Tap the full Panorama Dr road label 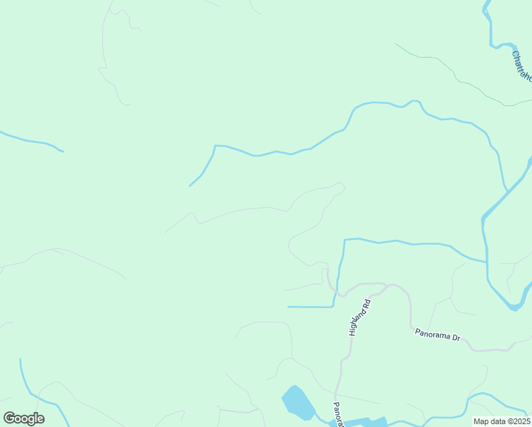(x=437, y=334)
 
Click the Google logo (x=23, y=418)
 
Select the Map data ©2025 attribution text (x=501, y=421)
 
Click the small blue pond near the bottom (x=299, y=403)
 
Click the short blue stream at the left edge (x=32, y=141)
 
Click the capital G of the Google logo (x=10, y=418)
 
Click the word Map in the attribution (x=481, y=421)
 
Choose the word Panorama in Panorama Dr (x=431, y=333)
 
